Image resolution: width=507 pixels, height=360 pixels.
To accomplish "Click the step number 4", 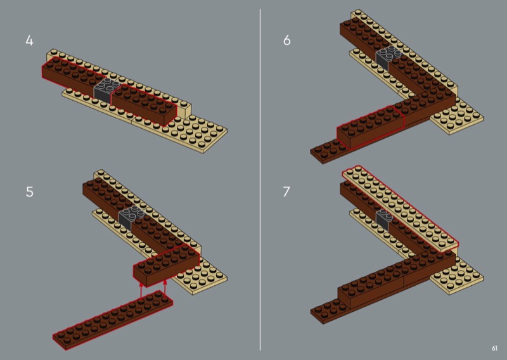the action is point(29,41).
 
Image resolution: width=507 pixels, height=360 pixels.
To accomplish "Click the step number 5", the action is point(29,192).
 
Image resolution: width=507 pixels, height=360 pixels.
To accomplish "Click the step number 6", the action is point(287,41).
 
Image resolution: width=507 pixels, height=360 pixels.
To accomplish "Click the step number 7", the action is point(286,192).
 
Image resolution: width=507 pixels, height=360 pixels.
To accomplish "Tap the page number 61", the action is point(494,349).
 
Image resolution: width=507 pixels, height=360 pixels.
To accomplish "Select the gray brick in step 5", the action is point(131,216).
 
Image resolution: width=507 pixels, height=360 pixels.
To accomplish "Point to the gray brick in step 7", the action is point(385,217).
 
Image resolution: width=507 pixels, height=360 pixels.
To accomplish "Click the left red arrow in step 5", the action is point(141,290).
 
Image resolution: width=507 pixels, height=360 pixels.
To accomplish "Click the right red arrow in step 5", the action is point(165,288).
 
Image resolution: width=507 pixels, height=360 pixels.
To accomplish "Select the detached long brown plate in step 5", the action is point(113,320).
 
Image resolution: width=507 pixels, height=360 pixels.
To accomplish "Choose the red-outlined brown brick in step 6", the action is point(370,127).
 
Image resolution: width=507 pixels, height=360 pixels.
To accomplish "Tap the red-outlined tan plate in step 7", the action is point(401,208).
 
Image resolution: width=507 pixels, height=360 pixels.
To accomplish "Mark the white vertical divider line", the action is point(260,180).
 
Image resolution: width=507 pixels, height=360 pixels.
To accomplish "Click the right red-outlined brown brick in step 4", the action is point(144,104).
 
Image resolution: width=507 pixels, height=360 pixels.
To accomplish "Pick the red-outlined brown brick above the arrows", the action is point(167,265).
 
